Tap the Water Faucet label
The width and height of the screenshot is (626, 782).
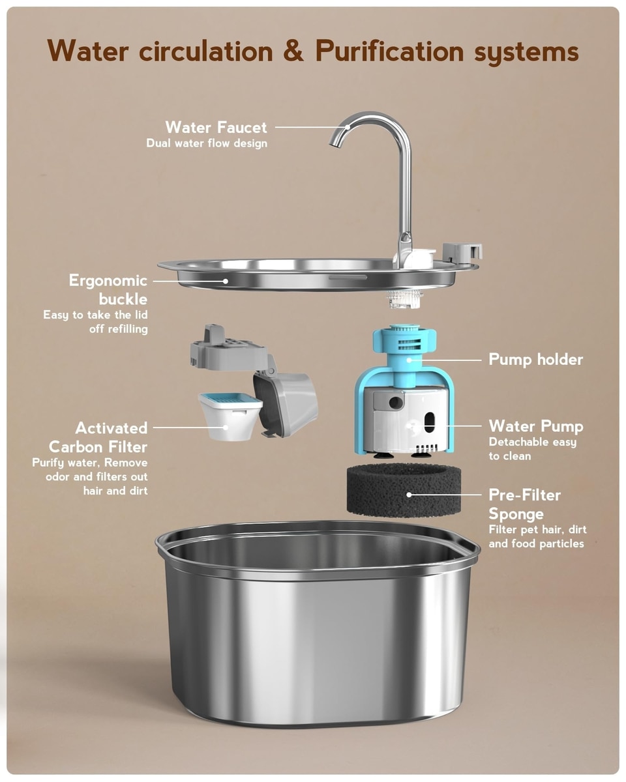coord(216,127)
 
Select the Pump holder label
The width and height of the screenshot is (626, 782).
coord(535,359)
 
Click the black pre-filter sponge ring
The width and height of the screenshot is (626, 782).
coord(404,491)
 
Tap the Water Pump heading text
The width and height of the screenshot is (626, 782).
coord(536,426)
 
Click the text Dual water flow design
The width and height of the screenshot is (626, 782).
coord(207,143)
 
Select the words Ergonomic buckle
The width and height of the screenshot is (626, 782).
coord(108,289)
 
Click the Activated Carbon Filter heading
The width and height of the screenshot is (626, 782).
coord(98,437)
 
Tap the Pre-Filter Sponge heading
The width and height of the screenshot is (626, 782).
coord(524,504)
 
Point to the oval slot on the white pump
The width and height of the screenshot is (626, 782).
coord(429,422)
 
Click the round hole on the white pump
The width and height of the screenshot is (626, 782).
coord(396,402)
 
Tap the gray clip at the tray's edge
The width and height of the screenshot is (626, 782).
coord(462,252)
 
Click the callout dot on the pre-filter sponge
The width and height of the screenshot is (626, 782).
coord(409,495)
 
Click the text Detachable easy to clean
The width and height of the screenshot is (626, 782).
coord(533,449)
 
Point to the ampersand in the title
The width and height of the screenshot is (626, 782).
coord(293,51)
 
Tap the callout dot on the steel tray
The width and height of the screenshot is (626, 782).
coord(226,281)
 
